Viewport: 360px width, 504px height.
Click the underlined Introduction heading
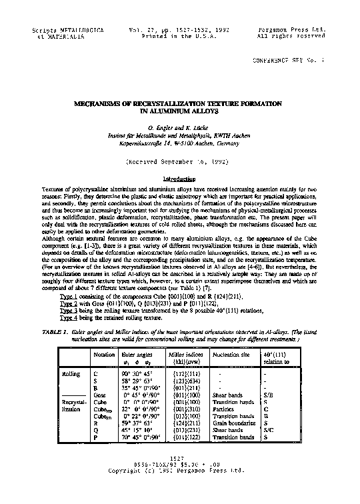pyautogui.click(x=179, y=179)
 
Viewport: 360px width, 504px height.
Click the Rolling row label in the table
pyautogui.click(x=71, y=374)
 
